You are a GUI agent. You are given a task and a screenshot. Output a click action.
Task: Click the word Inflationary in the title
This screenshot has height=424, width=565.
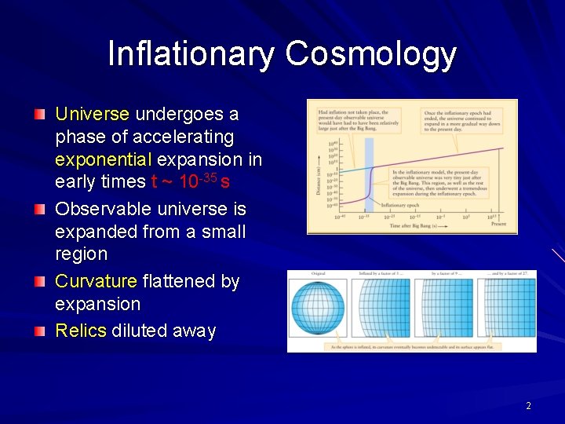(x=191, y=54)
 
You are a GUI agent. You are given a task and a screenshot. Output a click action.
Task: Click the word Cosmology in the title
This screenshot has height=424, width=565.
(x=370, y=54)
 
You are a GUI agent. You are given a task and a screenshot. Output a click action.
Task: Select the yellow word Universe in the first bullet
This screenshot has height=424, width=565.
(x=92, y=114)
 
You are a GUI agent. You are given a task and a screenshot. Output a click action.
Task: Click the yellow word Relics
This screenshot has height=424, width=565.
(x=80, y=331)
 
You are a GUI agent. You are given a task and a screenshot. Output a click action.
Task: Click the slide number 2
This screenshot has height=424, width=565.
(x=528, y=406)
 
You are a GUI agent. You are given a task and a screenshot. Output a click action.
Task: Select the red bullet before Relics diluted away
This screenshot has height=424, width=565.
(x=40, y=331)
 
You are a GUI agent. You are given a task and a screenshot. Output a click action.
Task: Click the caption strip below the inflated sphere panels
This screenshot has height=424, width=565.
(x=411, y=346)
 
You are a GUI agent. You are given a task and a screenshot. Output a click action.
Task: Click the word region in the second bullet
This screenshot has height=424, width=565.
(x=81, y=254)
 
